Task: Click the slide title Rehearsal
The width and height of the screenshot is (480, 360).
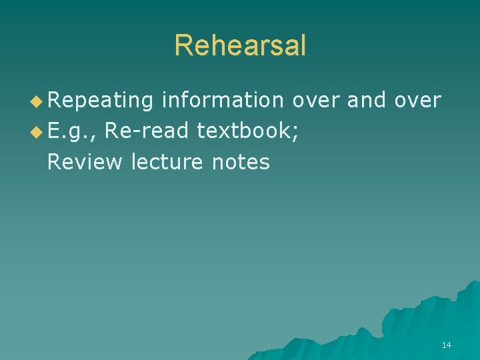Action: point(240,45)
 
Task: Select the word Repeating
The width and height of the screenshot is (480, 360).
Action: point(101,101)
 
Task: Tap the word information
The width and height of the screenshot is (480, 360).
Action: point(223,101)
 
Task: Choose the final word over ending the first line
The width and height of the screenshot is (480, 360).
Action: point(417,101)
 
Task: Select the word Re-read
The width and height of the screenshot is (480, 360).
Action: point(146,131)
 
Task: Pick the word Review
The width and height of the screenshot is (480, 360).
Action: point(86,161)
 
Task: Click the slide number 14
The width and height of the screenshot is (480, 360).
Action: point(446,345)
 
